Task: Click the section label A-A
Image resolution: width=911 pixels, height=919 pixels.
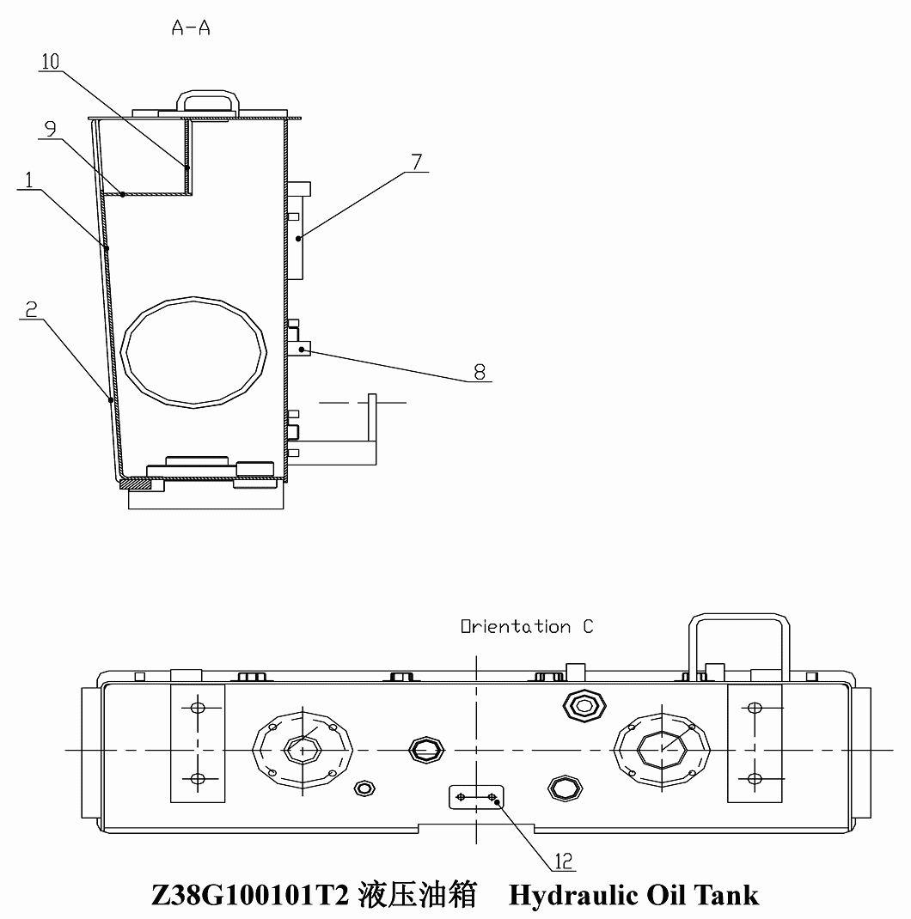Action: (191, 27)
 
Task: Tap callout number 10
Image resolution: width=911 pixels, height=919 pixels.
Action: (51, 62)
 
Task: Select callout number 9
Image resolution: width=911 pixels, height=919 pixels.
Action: (51, 128)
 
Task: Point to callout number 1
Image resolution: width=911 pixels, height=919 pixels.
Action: (28, 180)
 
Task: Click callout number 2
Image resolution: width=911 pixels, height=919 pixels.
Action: (31, 309)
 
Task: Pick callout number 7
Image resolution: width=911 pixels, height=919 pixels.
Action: (417, 161)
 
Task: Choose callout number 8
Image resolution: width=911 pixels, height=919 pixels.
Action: (480, 372)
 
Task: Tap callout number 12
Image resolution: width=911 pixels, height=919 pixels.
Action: (564, 861)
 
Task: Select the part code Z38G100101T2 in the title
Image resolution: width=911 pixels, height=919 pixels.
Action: (250, 895)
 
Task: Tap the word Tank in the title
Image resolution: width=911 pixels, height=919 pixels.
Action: (726, 895)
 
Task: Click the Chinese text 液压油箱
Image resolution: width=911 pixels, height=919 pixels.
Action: (417, 895)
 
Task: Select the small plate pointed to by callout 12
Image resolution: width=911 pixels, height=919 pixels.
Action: (476, 797)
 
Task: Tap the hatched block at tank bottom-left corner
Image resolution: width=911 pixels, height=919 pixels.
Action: (136, 484)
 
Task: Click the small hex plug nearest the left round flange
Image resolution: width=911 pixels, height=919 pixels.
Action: (364, 788)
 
